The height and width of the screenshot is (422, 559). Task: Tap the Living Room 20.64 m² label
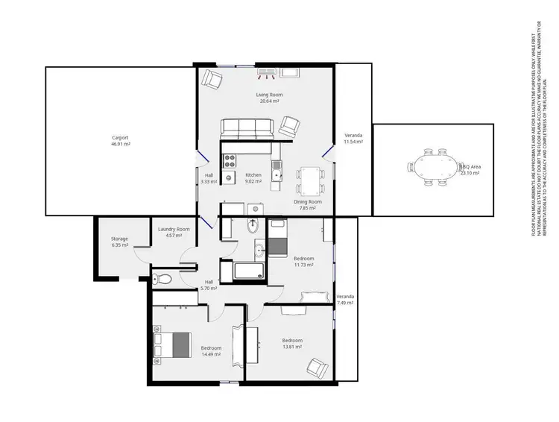(x=270, y=98)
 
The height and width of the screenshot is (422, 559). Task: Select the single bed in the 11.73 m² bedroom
(x=278, y=237)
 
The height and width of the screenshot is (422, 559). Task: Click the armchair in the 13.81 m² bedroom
(x=317, y=367)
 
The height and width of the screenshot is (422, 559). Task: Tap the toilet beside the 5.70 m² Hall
(x=162, y=280)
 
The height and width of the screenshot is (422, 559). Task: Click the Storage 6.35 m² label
(x=120, y=242)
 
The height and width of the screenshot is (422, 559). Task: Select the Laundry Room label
(x=174, y=232)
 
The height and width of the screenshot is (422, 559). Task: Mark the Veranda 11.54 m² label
(x=353, y=138)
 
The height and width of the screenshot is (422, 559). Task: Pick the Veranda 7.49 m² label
(x=344, y=300)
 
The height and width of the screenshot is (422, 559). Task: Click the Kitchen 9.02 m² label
(x=253, y=177)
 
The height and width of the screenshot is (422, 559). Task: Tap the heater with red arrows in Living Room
(x=268, y=73)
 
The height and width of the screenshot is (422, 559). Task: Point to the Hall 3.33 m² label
(x=209, y=178)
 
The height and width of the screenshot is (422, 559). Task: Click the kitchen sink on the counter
(x=277, y=175)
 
